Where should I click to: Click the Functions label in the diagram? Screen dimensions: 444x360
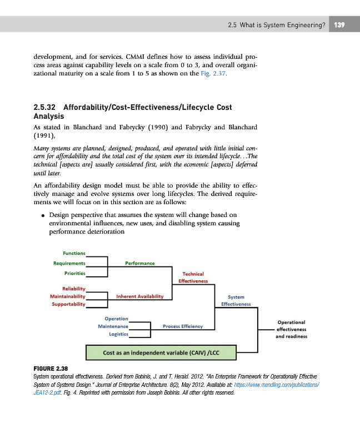coord(74,253)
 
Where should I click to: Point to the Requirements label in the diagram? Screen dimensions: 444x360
coord(69,263)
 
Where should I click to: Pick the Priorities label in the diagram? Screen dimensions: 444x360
coord(74,273)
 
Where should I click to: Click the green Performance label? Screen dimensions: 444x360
coord(140,263)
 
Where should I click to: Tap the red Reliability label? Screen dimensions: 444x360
coord(73,289)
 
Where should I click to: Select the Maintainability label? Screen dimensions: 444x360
coord(67,296)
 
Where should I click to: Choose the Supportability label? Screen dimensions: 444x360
coord(68,304)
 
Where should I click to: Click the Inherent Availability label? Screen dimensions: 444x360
coord(140,296)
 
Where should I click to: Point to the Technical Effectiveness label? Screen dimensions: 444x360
coord(193,277)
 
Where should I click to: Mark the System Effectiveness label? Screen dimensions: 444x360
coord(236,301)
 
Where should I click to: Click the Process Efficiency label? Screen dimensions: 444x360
coord(183,326)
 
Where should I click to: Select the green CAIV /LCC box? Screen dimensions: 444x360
coord(161,352)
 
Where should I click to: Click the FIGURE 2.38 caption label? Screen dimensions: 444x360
coord(51,369)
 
